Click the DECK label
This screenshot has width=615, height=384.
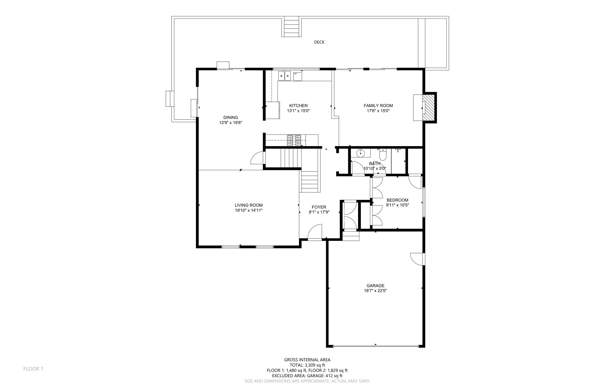coord(319,42)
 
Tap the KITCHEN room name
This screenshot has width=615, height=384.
coord(298,106)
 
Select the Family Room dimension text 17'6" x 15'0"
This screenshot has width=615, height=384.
coord(378,111)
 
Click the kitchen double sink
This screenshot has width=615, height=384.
coord(284,76)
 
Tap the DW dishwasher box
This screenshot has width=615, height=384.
coord(297,76)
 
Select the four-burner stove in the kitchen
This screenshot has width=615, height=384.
coord(294,140)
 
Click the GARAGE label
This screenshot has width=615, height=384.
coord(375,286)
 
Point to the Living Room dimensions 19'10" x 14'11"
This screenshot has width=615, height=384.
coord(248,210)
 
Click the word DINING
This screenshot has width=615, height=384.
coord(231,118)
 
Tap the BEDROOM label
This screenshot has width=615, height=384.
coord(397,200)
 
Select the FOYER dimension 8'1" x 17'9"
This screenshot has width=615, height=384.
coord(319,212)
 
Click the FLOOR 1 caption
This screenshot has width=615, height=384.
coord(33,369)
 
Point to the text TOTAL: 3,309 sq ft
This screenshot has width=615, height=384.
coord(307,365)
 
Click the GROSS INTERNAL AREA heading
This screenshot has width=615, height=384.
coord(307,360)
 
